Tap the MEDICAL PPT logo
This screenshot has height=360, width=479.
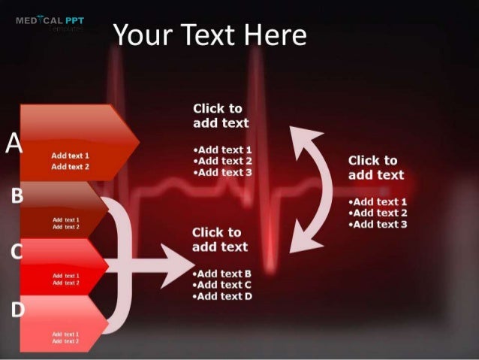[50, 22]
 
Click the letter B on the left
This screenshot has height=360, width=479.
[17, 197]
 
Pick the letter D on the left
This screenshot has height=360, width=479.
[17, 308]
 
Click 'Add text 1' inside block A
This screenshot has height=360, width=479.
[70, 155]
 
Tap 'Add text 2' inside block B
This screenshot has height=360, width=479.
[66, 226]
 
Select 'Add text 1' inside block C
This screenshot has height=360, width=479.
[66, 276]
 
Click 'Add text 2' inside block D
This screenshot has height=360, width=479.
[66, 340]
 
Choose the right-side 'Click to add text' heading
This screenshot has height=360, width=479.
[376, 168]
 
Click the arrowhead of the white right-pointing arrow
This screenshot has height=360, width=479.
[179, 265]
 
